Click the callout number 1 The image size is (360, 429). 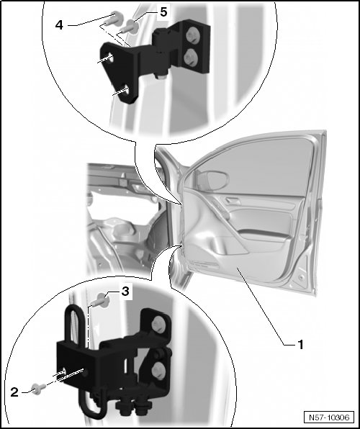pyautogui.click(x=300, y=345)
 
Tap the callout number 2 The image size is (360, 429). pyautogui.click(x=14, y=392)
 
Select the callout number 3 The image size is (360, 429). pyautogui.click(x=125, y=292)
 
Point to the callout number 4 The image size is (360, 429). pyautogui.click(x=59, y=25)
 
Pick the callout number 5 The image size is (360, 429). pyautogui.click(x=163, y=12)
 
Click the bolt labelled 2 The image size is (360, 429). pyautogui.click(x=38, y=389)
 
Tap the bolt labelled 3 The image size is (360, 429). pyautogui.click(x=101, y=301)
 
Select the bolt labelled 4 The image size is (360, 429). pyautogui.click(x=113, y=19)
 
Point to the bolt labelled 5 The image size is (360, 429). pyautogui.click(x=129, y=27)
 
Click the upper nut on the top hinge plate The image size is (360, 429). pyautogui.click(x=193, y=36)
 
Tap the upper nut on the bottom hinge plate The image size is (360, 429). pyautogui.click(x=158, y=325)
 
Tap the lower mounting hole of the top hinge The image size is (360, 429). pyautogui.click(x=125, y=91)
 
